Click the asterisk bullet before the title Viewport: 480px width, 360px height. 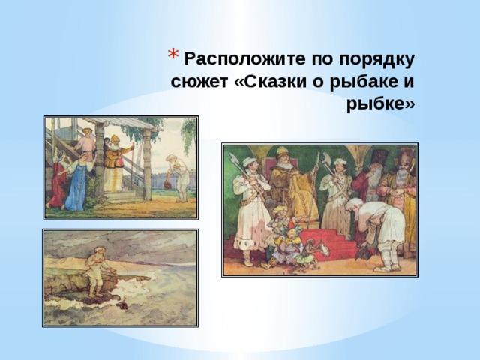pyautogui.click(x=172, y=58)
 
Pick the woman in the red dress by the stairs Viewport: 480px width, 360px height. pyautogui.click(x=57, y=180)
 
